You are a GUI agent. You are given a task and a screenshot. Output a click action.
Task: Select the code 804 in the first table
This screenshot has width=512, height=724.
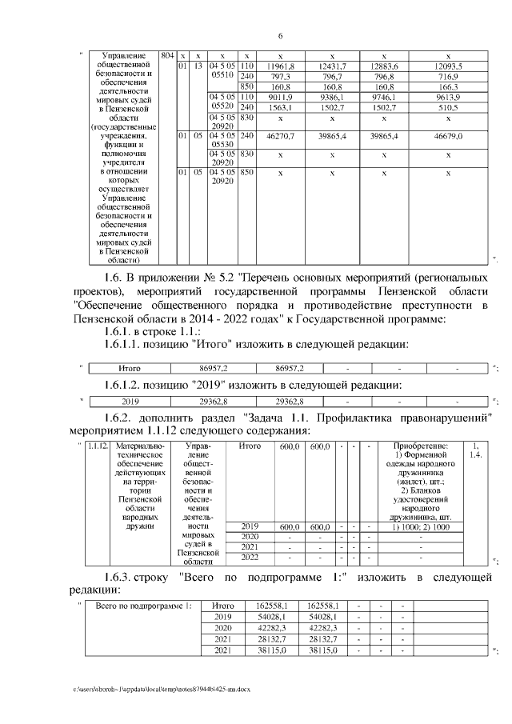pos(166,54)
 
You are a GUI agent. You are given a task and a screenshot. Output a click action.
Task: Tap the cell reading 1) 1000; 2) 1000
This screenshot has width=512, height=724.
pos(422,526)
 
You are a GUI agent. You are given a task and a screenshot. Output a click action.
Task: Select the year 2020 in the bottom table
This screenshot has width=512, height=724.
pos(224,629)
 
